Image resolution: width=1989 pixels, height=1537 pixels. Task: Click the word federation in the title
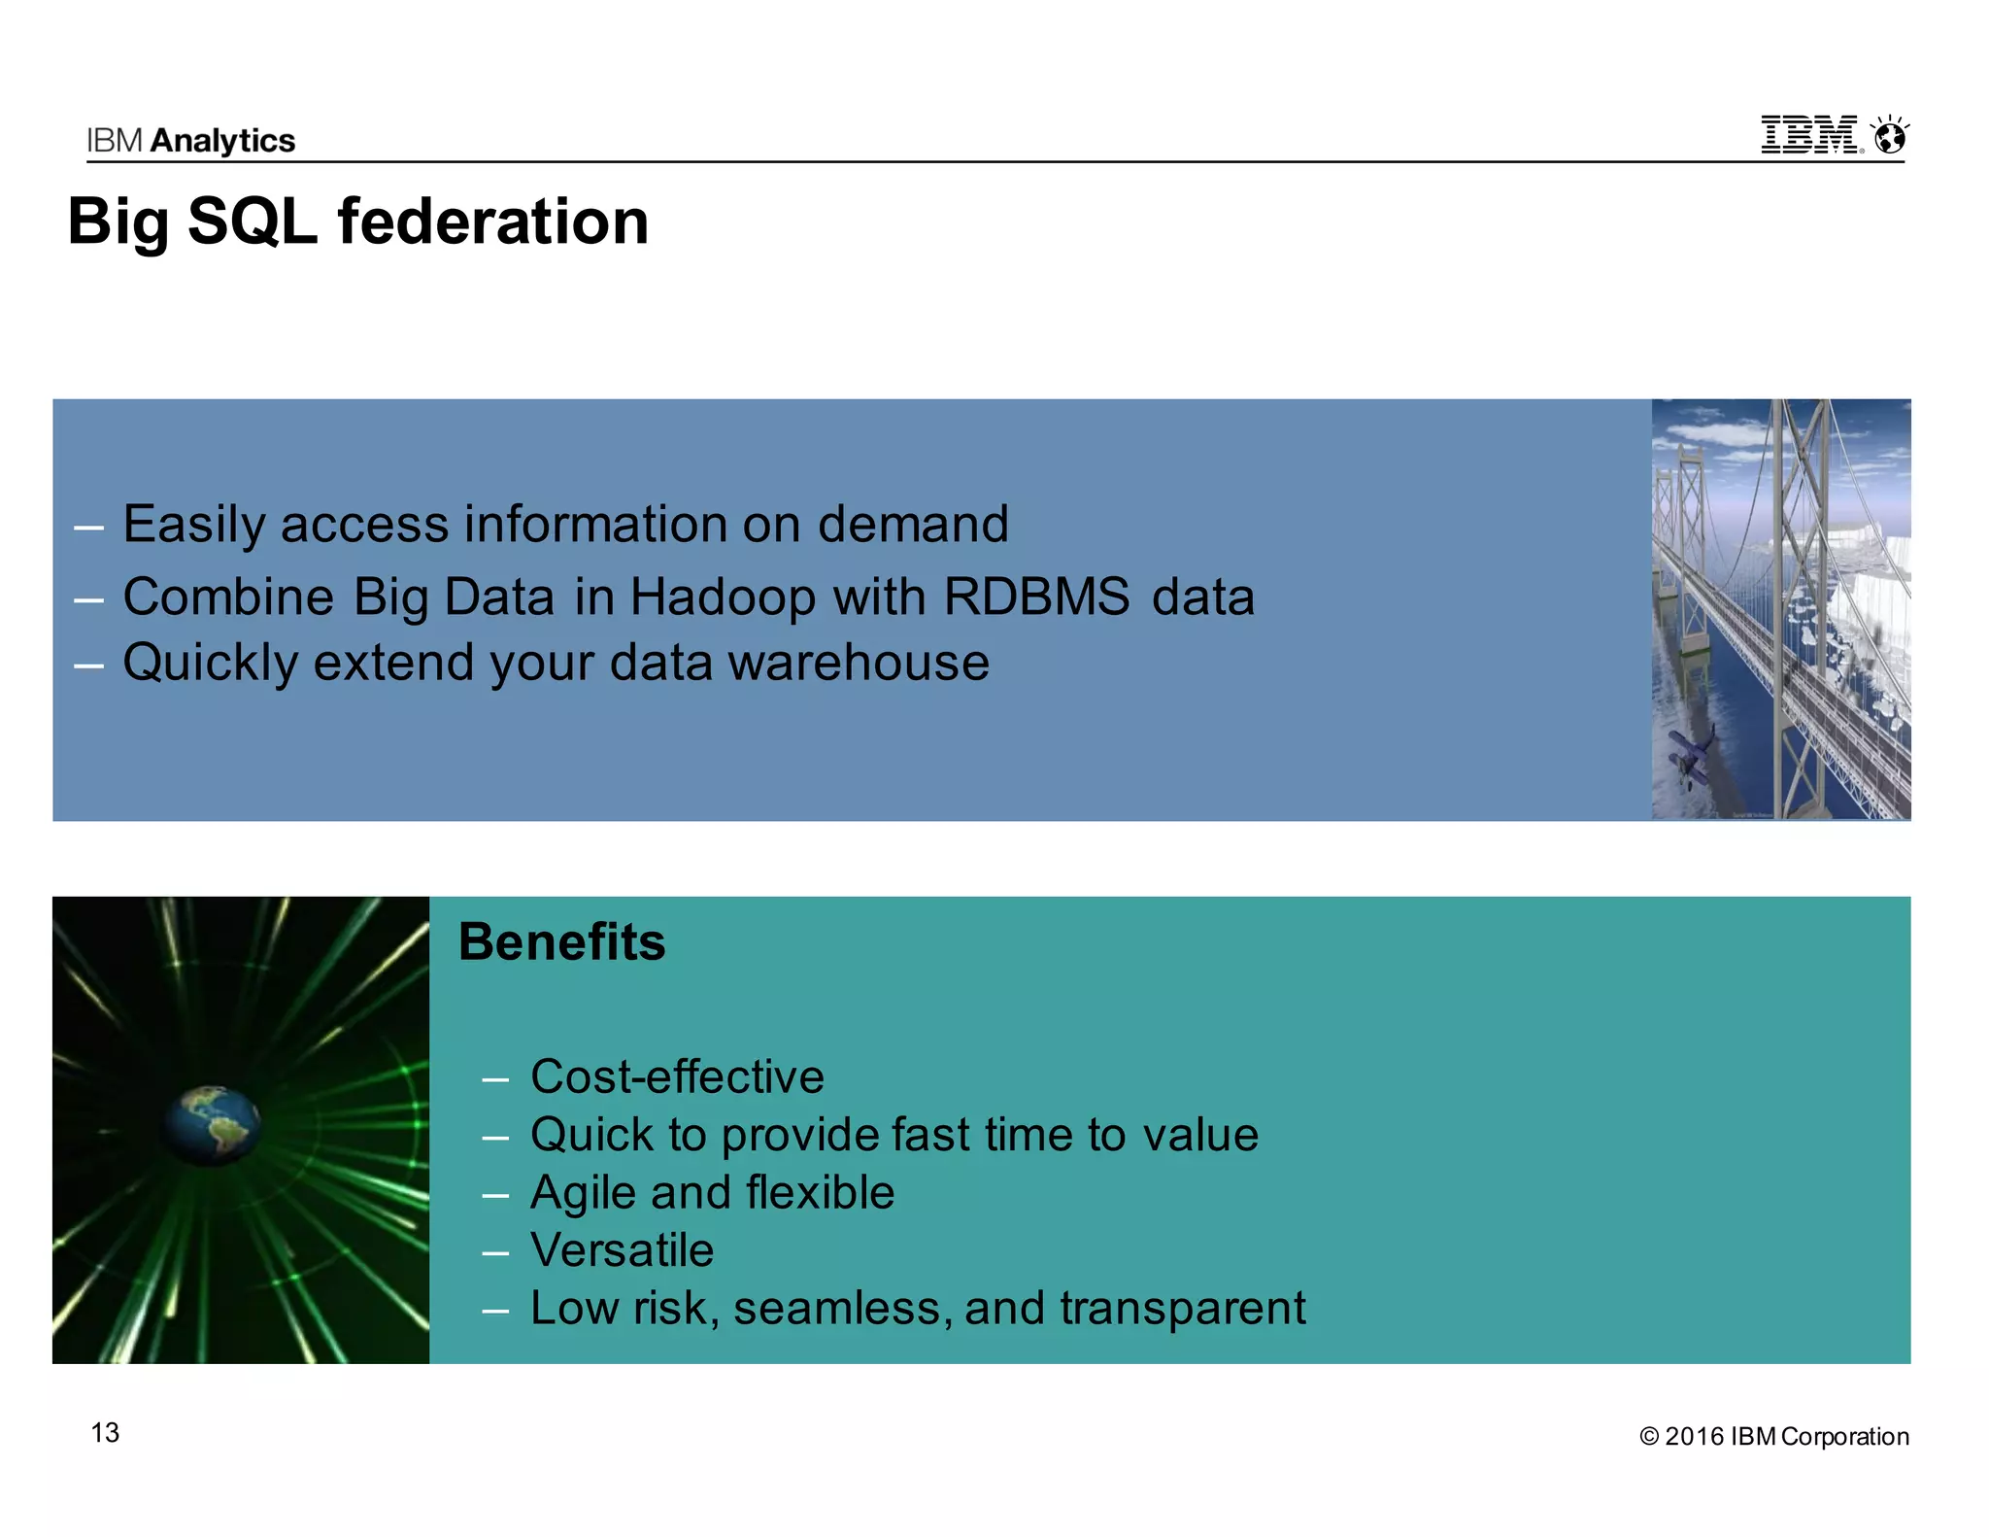click(492, 222)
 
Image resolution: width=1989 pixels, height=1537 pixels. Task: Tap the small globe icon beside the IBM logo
click(1889, 137)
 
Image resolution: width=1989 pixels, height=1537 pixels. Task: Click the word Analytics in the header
click(222, 141)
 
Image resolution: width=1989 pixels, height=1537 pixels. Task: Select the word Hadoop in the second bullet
click(722, 597)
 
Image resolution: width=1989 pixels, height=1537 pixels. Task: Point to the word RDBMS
click(1036, 597)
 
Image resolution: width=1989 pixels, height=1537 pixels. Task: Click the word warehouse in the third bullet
click(859, 663)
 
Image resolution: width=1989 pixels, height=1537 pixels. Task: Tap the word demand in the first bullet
click(912, 525)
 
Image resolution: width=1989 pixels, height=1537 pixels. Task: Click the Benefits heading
click(561, 942)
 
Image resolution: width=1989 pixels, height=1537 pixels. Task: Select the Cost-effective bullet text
click(677, 1076)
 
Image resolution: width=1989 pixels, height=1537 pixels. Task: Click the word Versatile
click(622, 1250)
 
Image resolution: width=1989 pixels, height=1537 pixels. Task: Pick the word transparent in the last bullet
click(1182, 1308)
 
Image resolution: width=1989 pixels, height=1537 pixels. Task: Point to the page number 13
click(105, 1433)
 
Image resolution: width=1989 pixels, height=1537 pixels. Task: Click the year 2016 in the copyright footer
click(1694, 1437)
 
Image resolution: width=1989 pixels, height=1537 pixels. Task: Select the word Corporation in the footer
click(1844, 1437)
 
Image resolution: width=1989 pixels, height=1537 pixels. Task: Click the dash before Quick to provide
click(495, 1137)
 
